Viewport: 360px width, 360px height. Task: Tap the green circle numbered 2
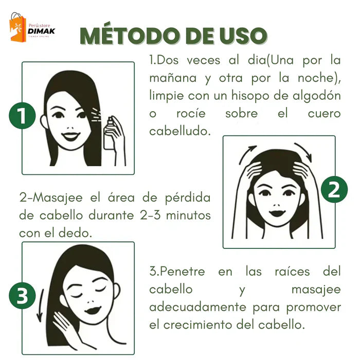click(334, 191)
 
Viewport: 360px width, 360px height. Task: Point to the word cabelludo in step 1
click(179, 131)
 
